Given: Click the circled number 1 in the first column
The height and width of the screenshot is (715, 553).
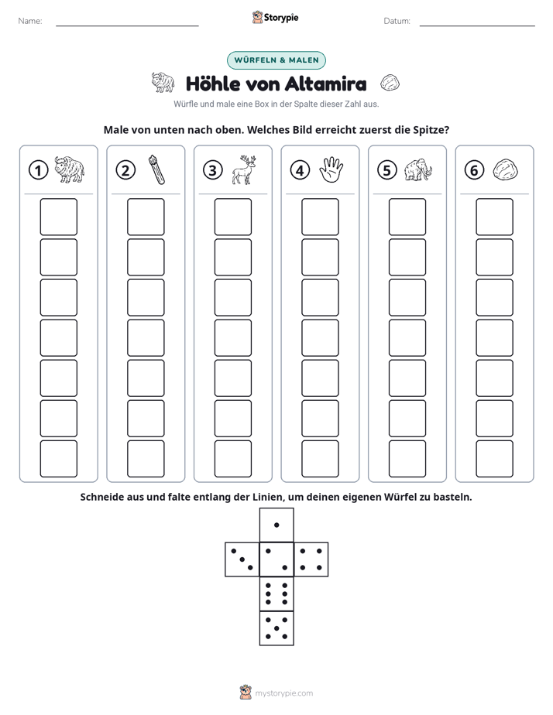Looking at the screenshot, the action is [38, 170].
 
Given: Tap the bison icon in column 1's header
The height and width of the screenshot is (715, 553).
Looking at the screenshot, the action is [70, 169].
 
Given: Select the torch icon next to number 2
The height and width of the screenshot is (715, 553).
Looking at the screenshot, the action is [156, 169].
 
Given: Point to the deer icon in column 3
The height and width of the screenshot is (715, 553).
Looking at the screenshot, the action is [244, 169].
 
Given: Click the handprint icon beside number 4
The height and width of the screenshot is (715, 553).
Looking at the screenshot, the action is [331, 170].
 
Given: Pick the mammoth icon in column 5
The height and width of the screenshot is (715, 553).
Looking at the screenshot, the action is [417, 169].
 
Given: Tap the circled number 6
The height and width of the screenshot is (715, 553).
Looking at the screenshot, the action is [474, 170].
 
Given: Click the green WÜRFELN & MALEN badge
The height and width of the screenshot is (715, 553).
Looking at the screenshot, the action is [276, 60].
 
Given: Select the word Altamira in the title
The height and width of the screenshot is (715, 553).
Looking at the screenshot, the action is [325, 84].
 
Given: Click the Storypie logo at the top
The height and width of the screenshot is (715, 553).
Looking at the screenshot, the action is [276, 17].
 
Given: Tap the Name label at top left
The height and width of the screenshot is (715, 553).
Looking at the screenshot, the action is [30, 21].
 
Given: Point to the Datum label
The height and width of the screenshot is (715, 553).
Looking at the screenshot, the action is [397, 21].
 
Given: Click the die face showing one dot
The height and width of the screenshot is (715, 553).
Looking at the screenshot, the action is [276, 525].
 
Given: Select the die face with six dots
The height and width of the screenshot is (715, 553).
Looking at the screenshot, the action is [276, 594].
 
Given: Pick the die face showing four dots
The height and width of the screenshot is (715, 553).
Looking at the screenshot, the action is [311, 559].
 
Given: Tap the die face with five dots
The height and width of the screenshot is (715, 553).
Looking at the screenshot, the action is [276, 628].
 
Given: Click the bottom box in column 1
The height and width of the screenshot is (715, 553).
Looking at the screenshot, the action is [58, 459].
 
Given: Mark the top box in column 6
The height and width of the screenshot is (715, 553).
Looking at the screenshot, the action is [495, 217].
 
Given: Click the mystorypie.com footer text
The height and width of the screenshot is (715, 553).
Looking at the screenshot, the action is [283, 693].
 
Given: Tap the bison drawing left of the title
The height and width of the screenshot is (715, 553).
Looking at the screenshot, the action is [163, 82].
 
